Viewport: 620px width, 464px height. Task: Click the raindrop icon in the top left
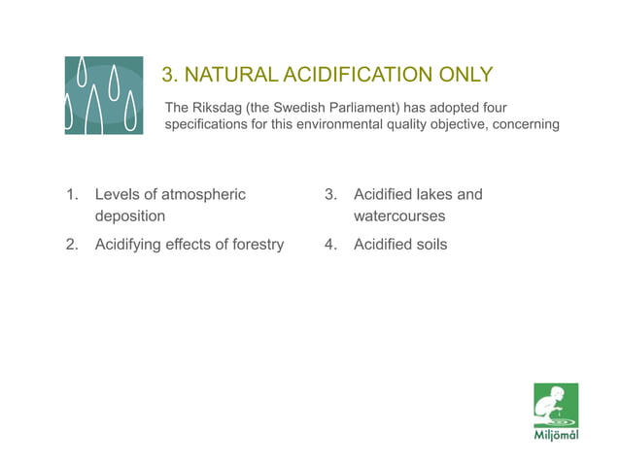104,95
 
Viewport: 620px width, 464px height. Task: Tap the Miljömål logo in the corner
556,411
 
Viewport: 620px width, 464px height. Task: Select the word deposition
129,215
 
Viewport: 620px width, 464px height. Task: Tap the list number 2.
72,244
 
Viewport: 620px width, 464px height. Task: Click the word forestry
254,244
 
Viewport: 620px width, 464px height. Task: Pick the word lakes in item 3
432,194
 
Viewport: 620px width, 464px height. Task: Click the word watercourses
398,215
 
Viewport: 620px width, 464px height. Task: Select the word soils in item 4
431,244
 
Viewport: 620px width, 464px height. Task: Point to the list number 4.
331,244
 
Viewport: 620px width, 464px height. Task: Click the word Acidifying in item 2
129,244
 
